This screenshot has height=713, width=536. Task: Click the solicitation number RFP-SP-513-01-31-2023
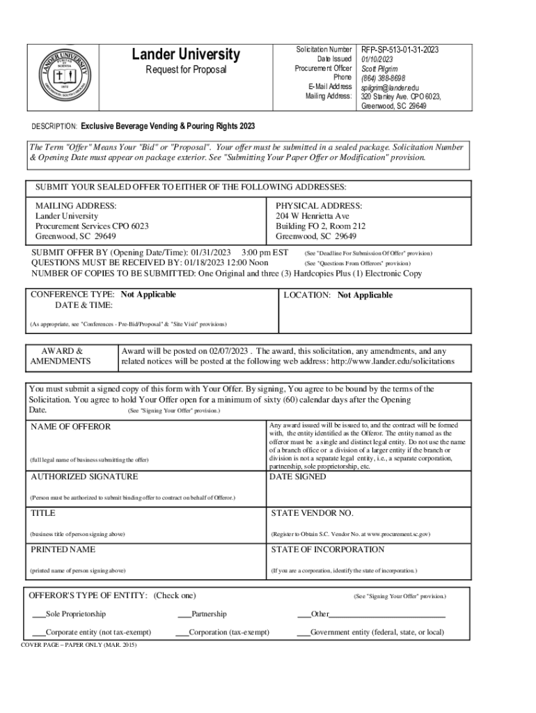[x=399, y=50]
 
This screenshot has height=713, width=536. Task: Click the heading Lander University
[x=186, y=55]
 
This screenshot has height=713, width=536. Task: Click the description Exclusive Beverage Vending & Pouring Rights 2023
[x=167, y=126]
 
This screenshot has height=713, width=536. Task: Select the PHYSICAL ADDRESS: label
[x=318, y=206]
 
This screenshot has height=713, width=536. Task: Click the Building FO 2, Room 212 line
[x=320, y=226]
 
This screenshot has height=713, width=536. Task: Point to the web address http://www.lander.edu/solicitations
[x=393, y=361]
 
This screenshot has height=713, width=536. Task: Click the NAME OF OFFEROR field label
[x=70, y=426]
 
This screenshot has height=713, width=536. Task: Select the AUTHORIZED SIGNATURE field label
[x=84, y=477]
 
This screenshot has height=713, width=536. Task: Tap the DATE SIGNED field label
[x=297, y=477]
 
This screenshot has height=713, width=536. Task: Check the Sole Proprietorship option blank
[x=39, y=614]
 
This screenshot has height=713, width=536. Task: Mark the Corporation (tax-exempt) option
[x=182, y=632]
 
